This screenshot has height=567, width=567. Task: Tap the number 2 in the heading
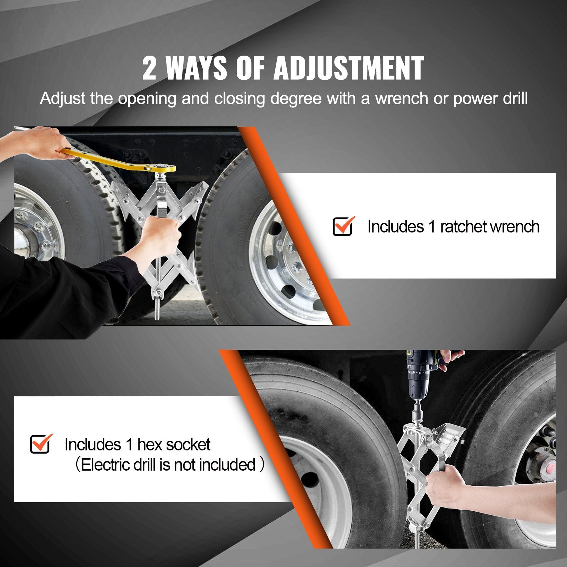click(x=149, y=68)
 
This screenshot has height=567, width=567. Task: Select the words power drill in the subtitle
click(x=490, y=98)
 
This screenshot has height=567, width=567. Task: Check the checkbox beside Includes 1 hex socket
click(x=40, y=444)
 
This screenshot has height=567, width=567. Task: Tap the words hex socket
click(x=174, y=444)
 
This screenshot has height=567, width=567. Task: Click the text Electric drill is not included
click(x=168, y=465)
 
